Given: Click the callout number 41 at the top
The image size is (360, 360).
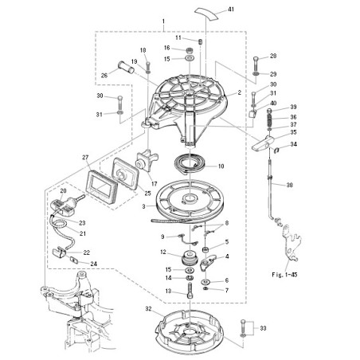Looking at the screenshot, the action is (231, 10).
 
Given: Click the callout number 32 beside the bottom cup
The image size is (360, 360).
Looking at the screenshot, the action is (148, 309).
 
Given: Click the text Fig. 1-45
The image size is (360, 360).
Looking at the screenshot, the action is (284, 275).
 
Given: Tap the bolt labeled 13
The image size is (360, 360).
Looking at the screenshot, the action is (190, 291).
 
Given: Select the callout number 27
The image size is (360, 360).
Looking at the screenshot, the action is (85, 158).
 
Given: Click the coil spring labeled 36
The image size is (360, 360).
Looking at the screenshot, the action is (270, 120).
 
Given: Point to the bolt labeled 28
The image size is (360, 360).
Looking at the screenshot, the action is (256, 62).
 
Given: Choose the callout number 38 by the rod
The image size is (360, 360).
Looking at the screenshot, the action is (289, 185).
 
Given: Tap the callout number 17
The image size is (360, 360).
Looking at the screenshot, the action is (155, 184).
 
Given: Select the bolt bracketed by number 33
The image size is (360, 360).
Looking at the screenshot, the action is (243, 327).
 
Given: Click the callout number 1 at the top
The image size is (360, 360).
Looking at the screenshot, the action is (163, 21).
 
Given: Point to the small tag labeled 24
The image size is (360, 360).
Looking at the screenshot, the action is (74, 260).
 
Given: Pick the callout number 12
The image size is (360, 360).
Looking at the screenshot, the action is (163, 252).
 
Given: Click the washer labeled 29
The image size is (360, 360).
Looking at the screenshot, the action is (256, 73).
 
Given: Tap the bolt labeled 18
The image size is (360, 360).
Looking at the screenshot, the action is (148, 65).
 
